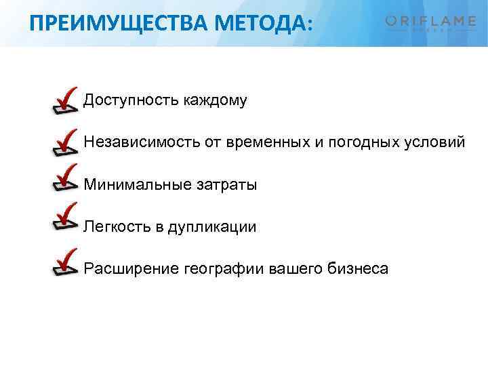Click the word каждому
pyautogui.click(x=215, y=102)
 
